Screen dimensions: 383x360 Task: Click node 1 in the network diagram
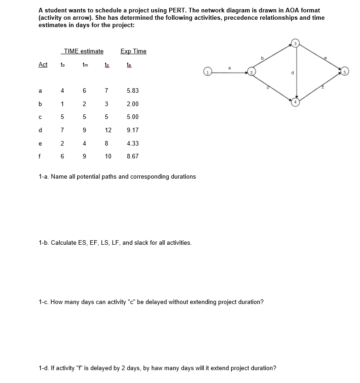click(x=208, y=72)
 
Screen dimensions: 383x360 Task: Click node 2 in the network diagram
click(x=251, y=72)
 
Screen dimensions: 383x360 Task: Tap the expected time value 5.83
click(x=132, y=91)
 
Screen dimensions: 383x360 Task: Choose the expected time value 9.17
click(x=132, y=130)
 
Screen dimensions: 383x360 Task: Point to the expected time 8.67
click(x=132, y=156)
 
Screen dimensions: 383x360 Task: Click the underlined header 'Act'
click(x=43, y=65)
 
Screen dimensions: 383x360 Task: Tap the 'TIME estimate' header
click(x=83, y=51)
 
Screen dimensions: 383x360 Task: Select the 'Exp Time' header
click(x=133, y=51)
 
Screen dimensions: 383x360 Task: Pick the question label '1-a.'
click(x=44, y=176)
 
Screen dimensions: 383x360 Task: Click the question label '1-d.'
click(x=44, y=368)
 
